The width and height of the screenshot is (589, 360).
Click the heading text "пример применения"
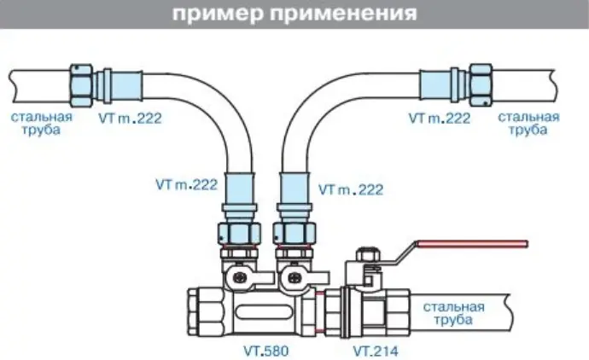(x=294, y=15)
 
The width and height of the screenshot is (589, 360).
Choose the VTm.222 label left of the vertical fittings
(x=187, y=183)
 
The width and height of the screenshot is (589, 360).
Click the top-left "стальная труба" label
(x=41, y=124)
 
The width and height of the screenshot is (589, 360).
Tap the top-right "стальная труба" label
(x=528, y=123)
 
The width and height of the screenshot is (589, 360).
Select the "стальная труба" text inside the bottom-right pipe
(x=453, y=314)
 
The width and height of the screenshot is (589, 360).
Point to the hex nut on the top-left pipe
(x=83, y=84)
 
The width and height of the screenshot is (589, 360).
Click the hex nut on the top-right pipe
(x=481, y=84)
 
